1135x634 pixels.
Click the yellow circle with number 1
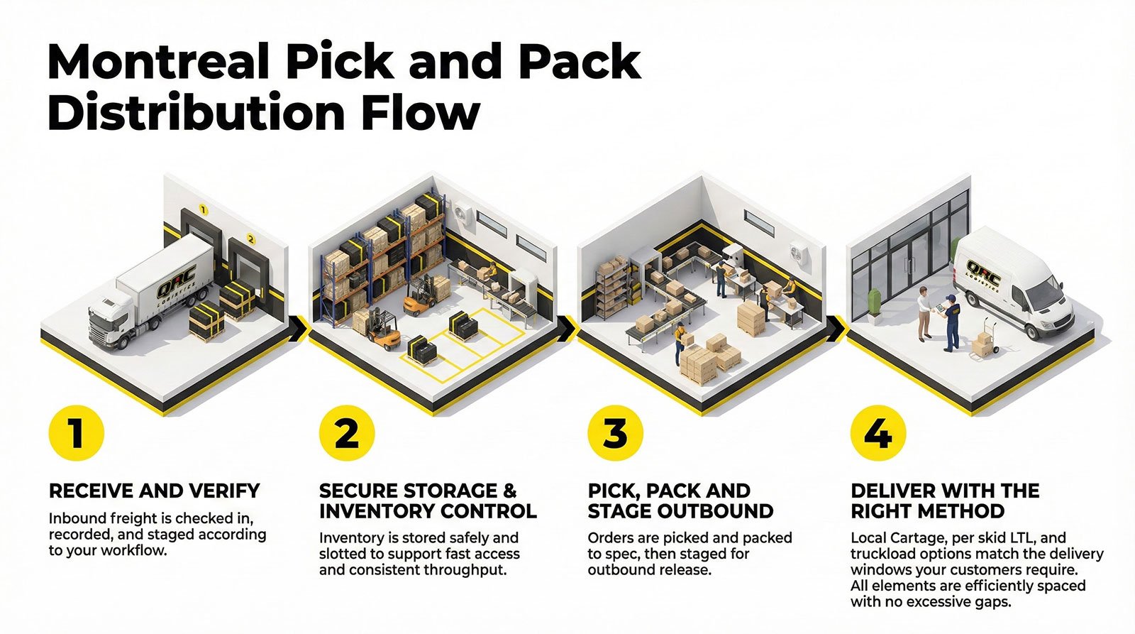pos(77,433)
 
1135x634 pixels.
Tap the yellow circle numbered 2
pos(346,433)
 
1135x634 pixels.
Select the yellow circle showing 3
pos(615,433)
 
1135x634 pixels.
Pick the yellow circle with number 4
pos(878,433)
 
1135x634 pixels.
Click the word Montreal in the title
pos(160,62)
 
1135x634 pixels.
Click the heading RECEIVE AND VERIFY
pos(155,491)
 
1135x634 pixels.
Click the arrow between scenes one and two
pos(300,329)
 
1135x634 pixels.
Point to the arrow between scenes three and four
pos(837,329)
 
